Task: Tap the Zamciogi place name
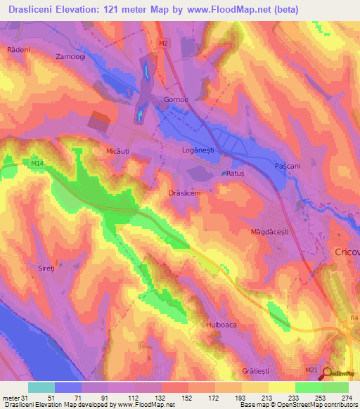[72, 56]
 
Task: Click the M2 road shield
[164, 44]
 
